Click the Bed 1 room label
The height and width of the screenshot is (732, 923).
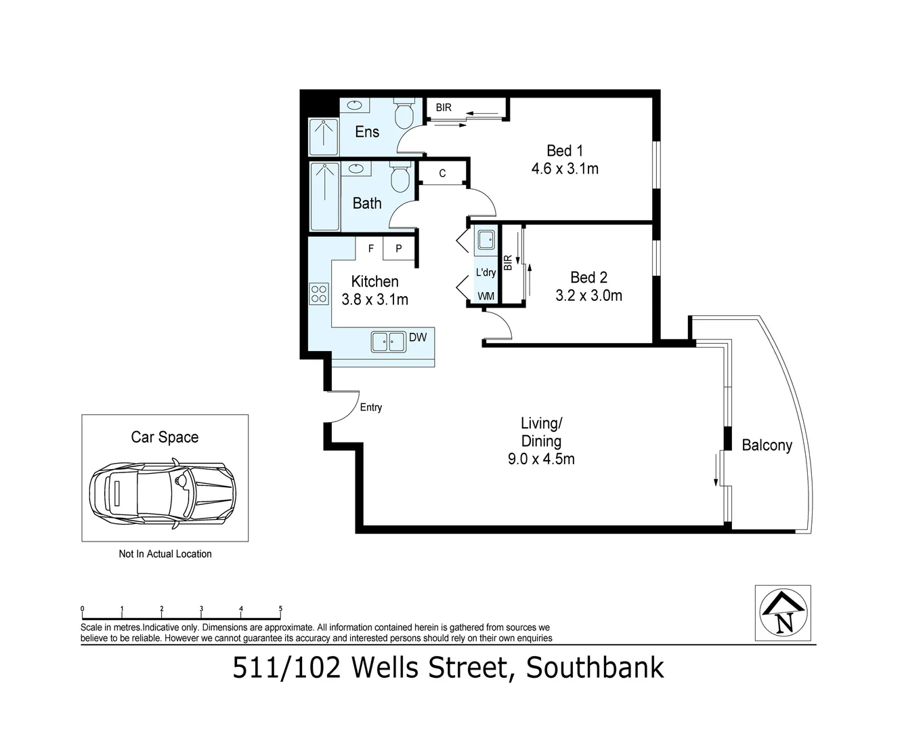(x=564, y=150)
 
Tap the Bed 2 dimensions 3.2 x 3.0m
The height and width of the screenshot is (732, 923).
(x=588, y=296)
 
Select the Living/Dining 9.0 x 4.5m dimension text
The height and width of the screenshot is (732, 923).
(x=541, y=459)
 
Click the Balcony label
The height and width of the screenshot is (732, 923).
(x=767, y=445)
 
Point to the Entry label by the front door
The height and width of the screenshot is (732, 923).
(x=370, y=407)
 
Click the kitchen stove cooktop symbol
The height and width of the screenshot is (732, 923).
(x=319, y=293)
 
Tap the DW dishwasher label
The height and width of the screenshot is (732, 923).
(x=418, y=338)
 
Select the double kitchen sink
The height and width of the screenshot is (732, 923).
(x=388, y=342)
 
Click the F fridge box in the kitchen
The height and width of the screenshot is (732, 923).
(x=370, y=249)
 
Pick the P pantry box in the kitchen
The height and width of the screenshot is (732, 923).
(x=399, y=249)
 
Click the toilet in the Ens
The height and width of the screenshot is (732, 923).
(x=404, y=115)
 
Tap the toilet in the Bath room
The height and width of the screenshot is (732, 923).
(x=400, y=178)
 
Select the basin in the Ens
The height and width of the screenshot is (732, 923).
(x=355, y=106)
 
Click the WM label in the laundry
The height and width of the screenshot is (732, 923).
(x=486, y=296)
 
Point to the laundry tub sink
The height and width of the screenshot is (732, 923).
(x=486, y=240)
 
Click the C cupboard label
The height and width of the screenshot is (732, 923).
(x=442, y=174)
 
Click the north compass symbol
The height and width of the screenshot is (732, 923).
(x=784, y=613)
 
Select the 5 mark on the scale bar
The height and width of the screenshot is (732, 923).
(x=280, y=609)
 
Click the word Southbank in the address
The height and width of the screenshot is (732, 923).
(x=595, y=668)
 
